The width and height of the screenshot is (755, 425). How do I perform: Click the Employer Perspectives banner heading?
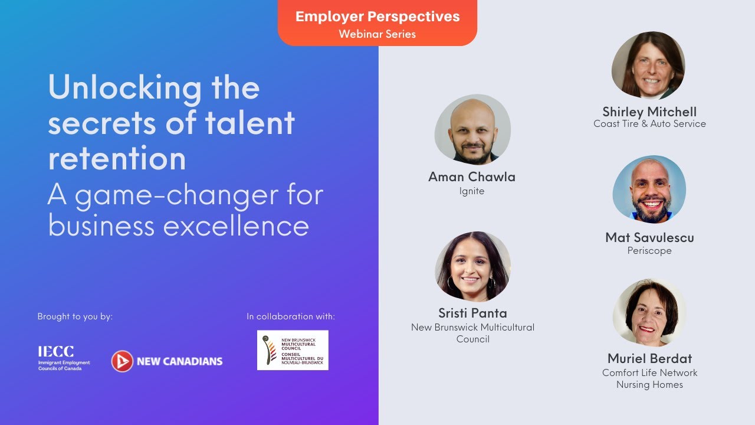[377, 17]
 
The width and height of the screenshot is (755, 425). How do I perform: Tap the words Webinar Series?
[377, 34]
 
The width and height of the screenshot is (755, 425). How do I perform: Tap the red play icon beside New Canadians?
[122, 361]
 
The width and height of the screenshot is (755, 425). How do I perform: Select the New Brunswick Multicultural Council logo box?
[293, 350]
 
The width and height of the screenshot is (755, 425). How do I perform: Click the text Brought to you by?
[75, 316]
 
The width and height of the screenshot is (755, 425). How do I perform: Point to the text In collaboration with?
[291, 316]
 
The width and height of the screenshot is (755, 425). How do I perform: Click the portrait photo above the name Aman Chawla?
[472, 130]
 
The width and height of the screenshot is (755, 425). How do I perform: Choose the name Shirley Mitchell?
[649, 112]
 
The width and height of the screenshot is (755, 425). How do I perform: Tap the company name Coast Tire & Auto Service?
[649, 124]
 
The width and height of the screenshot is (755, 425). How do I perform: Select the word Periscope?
[649, 251]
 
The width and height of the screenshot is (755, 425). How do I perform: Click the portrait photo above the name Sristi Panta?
[472, 267]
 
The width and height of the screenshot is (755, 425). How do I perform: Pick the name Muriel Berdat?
[649, 358]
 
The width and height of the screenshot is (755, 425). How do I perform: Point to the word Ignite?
[472, 191]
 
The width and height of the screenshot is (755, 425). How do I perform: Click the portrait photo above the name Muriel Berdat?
[649, 313]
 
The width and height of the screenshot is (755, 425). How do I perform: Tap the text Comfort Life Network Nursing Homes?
[649, 378]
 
